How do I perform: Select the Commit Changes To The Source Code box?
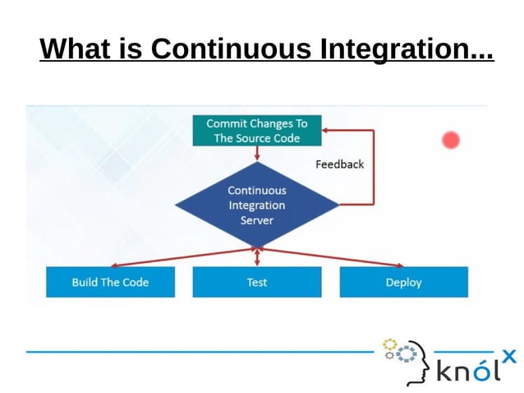tap(256, 131)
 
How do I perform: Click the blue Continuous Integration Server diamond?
tap(256, 205)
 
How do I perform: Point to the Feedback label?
tap(339, 164)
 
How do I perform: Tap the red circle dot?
tap(450, 140)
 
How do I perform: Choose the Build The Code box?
tap(110, 282)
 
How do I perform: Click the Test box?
tap(256, 282)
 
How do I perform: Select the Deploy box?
tap(403, 282)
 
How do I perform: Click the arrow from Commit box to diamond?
tap(257, 154)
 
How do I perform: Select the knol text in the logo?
tap(467, 370)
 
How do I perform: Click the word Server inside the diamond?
tap(256, 220)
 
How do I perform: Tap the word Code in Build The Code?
tap(135, 282)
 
